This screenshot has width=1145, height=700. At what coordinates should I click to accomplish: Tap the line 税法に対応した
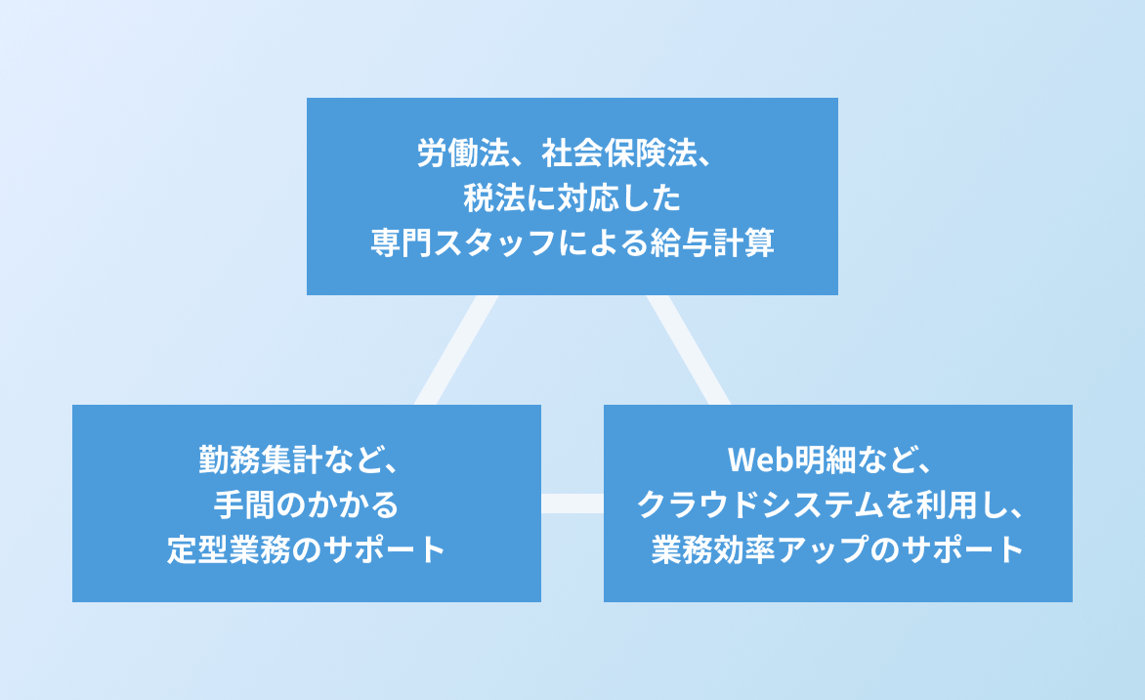tap(572, 198)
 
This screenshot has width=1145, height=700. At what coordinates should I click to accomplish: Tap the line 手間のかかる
tap(306, 504)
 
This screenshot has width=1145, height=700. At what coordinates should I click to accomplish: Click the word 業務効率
tap(697, 549)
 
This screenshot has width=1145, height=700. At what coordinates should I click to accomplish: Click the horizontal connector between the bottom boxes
tap(572, 503)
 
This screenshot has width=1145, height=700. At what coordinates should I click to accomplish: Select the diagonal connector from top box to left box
tap(457, 350)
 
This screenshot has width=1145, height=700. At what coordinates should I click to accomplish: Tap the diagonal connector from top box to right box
tap(688, 350)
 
